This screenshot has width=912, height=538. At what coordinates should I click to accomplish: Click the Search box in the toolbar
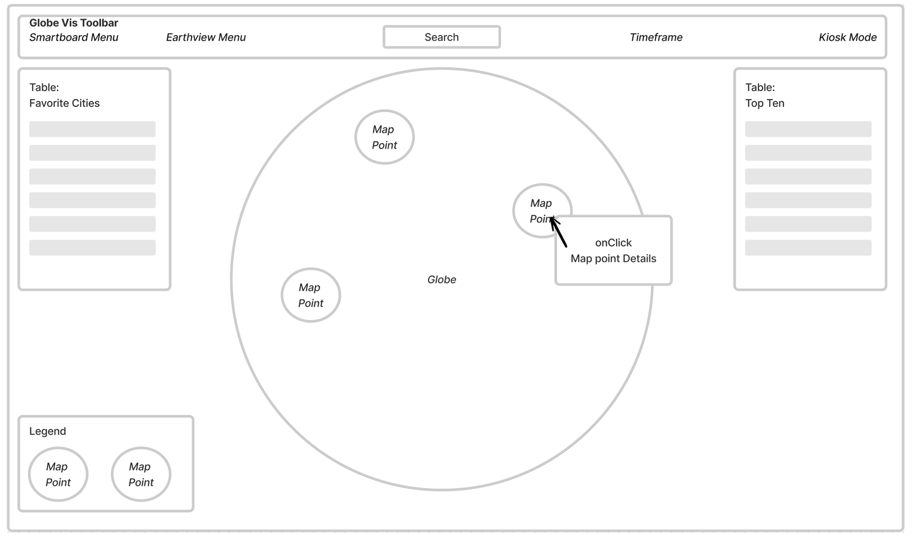pos(441,37)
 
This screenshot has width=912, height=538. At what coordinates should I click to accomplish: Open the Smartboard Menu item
pos(74,37)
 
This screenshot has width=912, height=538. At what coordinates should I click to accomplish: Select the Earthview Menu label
pos(206,37)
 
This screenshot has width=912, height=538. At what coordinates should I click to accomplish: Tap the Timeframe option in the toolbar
pos(655,37)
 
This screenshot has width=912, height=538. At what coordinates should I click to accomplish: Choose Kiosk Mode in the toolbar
pos(847,37)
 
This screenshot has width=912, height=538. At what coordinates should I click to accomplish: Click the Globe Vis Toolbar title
pos(74,22)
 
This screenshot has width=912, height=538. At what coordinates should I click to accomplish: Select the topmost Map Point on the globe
pos(384,137)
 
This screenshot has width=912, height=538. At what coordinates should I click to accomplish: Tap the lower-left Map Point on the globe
pos(311,295)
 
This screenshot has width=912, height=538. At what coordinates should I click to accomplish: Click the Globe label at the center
pos(441,279)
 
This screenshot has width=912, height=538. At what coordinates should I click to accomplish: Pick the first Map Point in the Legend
pos(58,474)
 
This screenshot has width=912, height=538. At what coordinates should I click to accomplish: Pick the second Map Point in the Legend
pos(141,474)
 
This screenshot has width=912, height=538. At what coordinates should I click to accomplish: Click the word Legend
pos(47,431)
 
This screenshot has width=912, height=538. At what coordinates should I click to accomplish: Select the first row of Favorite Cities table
pos(92,129)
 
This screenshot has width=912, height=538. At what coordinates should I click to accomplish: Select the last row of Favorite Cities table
pos(92,248)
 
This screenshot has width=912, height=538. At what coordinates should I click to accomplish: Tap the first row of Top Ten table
pos(808,129)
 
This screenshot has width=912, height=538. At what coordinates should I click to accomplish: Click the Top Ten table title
pos(764,96)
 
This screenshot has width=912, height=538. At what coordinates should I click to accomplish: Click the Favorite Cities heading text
pos(64,103)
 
